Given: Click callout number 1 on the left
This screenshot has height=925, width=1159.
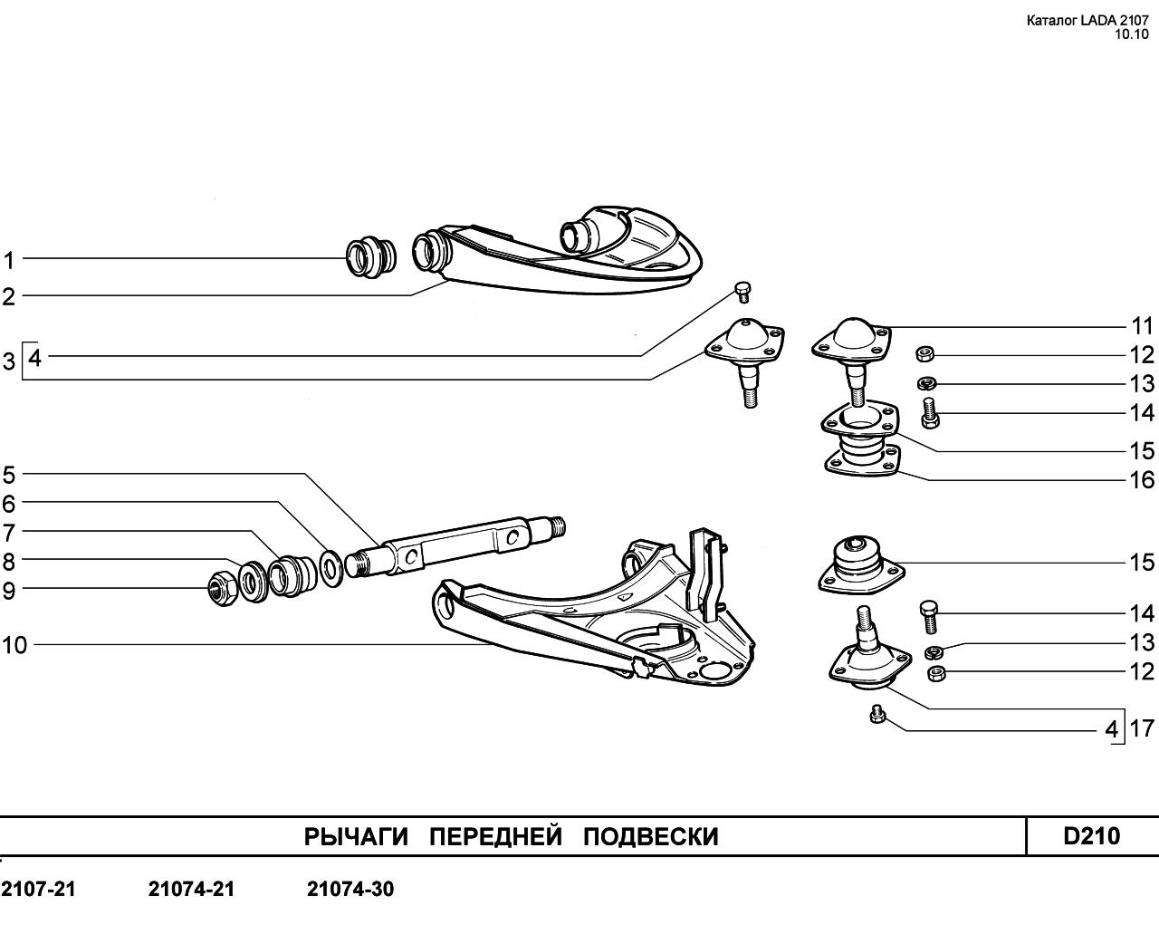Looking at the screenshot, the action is (x=9, y=260).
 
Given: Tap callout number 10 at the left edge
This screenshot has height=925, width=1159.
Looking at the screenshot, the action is (x=14, y=645).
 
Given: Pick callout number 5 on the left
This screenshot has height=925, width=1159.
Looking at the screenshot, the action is (x=9, y=475).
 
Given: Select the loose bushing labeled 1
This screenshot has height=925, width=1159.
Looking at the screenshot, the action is (x=371, y=257).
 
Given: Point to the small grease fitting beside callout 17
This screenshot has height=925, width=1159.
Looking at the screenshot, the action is (x=878, y=714).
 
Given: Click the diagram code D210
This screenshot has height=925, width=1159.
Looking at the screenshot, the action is (x=1092, y=835).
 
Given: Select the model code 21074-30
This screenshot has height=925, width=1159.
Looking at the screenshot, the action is (x=350, y=889).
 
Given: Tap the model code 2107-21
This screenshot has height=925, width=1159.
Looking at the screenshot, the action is (x=39, y=889).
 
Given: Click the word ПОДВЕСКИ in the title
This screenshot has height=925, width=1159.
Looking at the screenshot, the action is (x=651, y=836).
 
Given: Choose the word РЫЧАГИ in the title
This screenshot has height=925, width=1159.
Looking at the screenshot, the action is (x=356, y=836).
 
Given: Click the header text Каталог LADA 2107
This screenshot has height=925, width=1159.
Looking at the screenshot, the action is (x=1087, y=21).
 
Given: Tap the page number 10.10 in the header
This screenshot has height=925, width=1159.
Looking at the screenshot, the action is (x=1130, y=34).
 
